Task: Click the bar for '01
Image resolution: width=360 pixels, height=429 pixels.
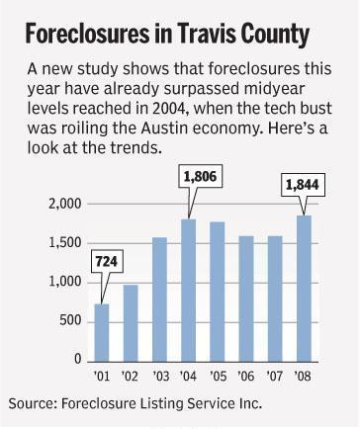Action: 102,333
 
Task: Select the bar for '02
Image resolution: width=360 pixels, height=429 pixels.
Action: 131,323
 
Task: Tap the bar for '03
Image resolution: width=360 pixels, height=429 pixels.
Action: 159,300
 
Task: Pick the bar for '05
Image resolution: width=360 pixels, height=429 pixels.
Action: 218,292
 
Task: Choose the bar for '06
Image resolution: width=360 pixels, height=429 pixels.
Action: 246,299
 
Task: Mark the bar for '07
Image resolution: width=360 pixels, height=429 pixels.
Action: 275,299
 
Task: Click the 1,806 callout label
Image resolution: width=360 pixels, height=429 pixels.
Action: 200,177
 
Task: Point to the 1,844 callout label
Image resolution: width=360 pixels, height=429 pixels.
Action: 303,185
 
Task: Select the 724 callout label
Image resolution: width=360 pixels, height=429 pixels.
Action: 107,262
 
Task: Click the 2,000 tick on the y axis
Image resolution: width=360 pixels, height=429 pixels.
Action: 65,205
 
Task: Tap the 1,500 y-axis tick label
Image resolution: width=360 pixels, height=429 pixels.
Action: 65,243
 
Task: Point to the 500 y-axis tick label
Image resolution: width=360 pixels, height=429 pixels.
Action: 70,320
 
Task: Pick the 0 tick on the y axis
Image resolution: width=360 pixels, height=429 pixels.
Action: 78,359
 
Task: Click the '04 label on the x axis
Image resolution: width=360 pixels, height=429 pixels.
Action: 188,376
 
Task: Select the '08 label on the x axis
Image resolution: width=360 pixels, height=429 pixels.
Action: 303,376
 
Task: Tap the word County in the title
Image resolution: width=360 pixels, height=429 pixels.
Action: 275,35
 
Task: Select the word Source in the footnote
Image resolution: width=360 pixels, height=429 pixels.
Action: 31,403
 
